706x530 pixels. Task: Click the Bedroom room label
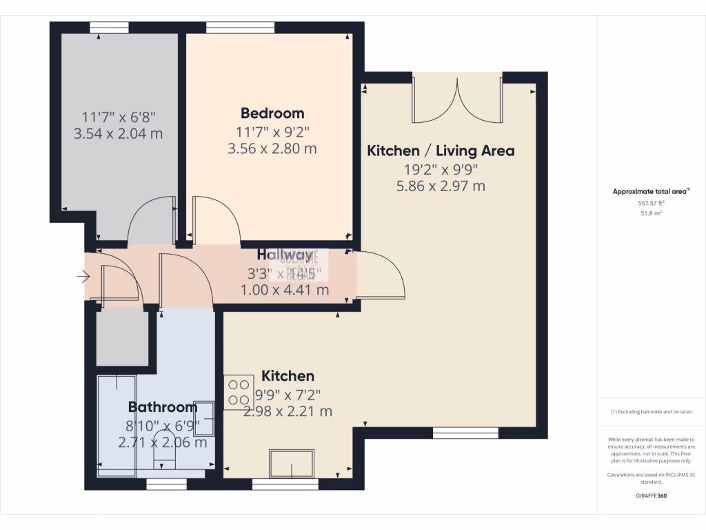pyautogui.click(x=272, y=113)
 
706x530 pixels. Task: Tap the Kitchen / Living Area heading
pyautogui.click(x=441, y=150)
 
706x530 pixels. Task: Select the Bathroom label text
pyautogui.click(x=163, y=406)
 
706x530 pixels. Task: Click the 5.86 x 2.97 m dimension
pyautogui.click(x=441, y=186)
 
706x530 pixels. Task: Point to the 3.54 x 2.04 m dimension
pyautogui.click(x=118, y=133)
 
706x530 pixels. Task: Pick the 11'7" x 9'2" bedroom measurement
pyautogui.click(x=272, y=131)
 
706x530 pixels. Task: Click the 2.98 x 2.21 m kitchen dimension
pyautogui.click(x=288, y=411)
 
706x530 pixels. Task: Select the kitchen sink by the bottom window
pyautogui.click(x=292, y=463)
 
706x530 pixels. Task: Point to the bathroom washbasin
pyautogui.click(x=204, y=418)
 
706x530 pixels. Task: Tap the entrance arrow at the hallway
pyautogui.click(x=83, y=277)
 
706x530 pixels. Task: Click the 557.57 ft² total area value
pyautogui.click(x=651, y=204)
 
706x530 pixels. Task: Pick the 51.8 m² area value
pyautogui.click(x=651, y=213)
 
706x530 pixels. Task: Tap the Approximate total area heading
pyautogui.click(x=650, y=192)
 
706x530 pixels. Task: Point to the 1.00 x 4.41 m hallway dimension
pyautogui.click(x=285, y=291)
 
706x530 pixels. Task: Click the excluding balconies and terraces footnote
pyautogui.click(x=651, y=412)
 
